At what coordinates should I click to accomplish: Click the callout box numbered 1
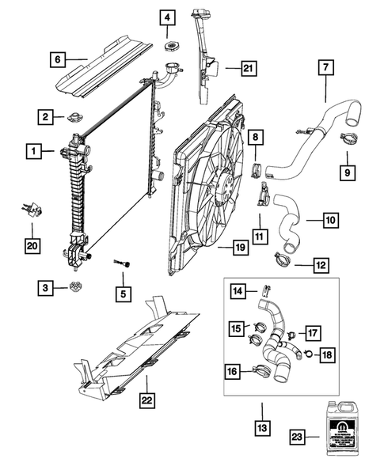tap(34, 149)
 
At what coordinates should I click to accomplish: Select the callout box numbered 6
tap(56, 58)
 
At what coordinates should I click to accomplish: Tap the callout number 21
tap(248, 70)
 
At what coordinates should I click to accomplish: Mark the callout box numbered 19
tap(241, 249)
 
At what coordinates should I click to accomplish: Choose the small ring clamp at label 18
tap(306, 354)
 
